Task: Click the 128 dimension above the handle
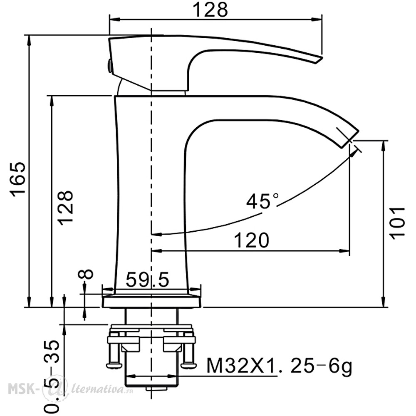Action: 210,10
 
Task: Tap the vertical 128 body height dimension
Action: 65,208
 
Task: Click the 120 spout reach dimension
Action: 252,240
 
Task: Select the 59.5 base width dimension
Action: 147,280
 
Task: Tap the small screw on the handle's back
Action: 109,66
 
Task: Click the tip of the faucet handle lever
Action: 319,59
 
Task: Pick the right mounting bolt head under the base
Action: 188,365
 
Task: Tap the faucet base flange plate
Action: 152,302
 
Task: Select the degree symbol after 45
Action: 276,196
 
